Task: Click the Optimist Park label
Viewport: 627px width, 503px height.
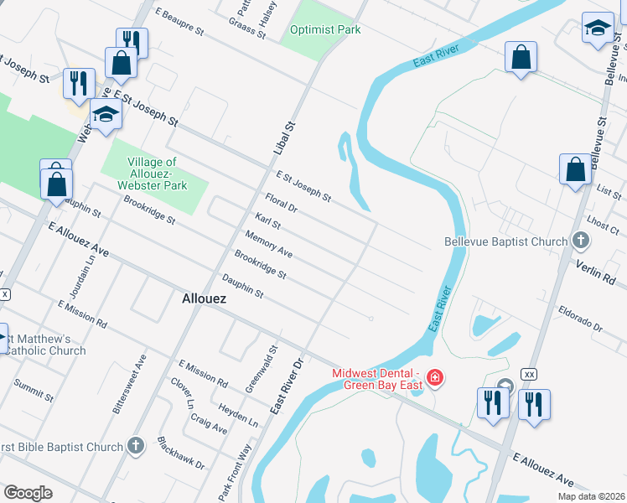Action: [325, 30]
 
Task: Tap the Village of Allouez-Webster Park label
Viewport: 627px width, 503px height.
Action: [152, 174]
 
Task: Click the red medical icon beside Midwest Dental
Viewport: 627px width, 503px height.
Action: [434, 378]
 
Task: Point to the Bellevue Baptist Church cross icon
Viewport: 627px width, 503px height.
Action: [580, 242]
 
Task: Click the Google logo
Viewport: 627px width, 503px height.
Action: [28, 493]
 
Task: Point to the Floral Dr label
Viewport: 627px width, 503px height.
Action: [281, 203]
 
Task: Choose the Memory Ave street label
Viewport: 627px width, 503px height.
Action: [268, 245]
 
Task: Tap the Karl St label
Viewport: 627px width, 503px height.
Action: [267, 222]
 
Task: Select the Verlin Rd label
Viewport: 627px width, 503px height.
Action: [597, 271]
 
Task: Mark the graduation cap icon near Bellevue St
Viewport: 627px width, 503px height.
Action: [598, 28]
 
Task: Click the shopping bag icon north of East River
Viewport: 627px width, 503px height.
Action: [521, 58]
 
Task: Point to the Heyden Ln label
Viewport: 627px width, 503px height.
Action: [238, 412]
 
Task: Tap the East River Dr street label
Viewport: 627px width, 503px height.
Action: [285, 386]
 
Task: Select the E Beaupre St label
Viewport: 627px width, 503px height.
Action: [180, 23]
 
